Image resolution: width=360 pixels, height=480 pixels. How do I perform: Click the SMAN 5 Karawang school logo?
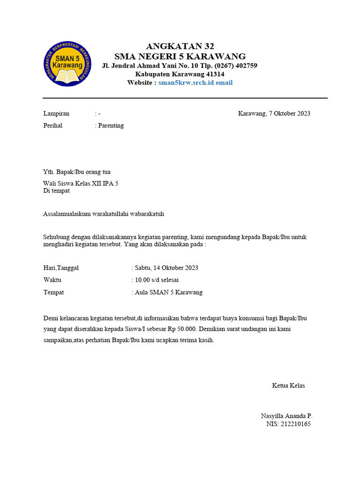point(67,64)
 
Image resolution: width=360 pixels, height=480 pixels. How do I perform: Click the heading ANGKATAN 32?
point(180,46)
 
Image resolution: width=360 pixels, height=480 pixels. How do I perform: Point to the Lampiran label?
point(56,113)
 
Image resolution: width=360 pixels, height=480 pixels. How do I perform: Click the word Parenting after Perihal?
point(111,126)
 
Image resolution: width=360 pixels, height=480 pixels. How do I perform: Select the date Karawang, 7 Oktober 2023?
point(274,113)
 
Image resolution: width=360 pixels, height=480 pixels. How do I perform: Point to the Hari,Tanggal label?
point(61,268)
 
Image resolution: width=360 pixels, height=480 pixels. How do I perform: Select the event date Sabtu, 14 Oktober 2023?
point(166,268)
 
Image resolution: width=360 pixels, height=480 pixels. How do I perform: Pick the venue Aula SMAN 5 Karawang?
point(169,292)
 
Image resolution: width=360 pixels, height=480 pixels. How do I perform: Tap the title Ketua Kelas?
point(288,386)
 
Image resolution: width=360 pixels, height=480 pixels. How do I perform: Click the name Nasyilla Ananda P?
point(286,416)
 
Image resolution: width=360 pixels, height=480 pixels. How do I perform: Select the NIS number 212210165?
point(295,424)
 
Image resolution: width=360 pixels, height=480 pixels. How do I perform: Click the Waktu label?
point(52,280)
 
